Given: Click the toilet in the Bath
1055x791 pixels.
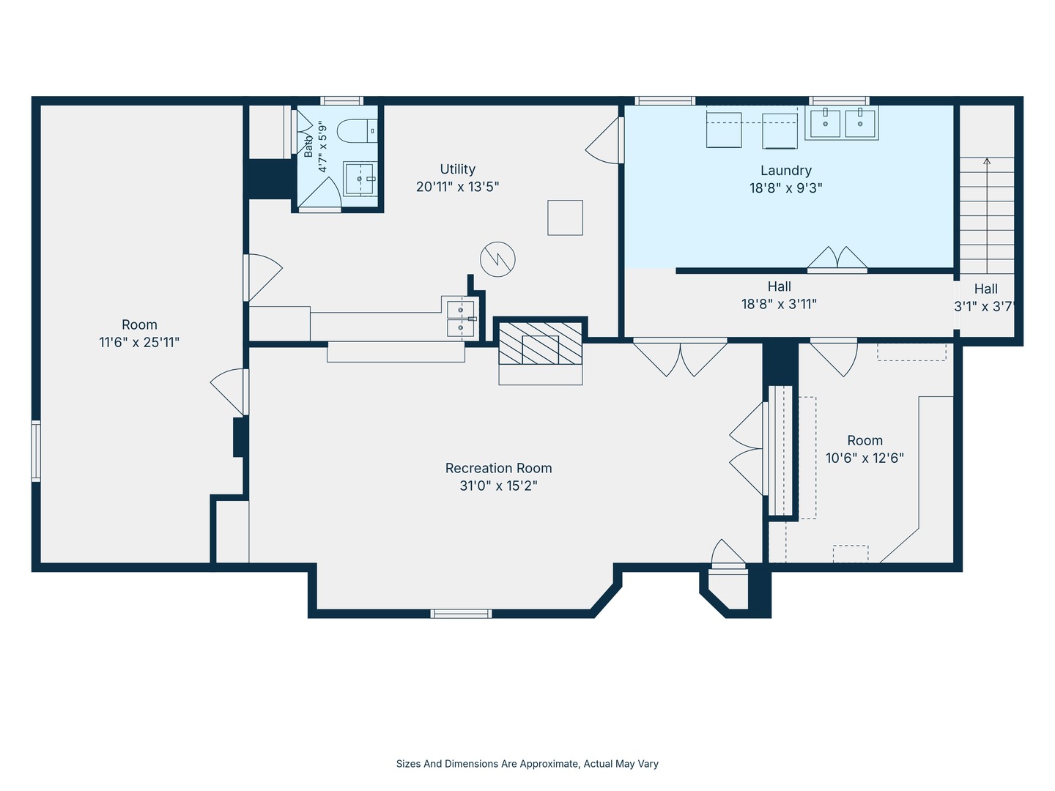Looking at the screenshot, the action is (x=357, y=130).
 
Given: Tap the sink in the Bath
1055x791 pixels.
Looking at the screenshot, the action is (x=360, y=179).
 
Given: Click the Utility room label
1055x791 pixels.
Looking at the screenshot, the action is (x=458, y=169).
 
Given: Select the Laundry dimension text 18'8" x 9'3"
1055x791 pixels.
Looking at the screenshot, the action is (x=786, y=187).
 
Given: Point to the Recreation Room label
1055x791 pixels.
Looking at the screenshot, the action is (x=498, y=468).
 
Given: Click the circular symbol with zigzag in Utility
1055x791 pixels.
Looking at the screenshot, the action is (x=497, y=259).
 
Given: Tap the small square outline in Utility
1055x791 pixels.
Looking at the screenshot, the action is (x=565, y=218).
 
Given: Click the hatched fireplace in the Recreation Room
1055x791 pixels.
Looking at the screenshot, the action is (x=540, y=343).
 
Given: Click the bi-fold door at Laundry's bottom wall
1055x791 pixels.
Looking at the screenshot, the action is (x=837, y=259).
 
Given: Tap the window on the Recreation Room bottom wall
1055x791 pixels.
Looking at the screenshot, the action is (x=461, y=614).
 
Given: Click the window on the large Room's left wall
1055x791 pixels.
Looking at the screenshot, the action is (x=36, y=450).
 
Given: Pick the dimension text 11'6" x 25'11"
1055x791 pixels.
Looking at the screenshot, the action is (x=139, y=343).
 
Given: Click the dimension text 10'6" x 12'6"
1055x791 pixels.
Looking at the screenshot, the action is (x=865, y=458).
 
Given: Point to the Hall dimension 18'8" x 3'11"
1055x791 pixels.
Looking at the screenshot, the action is (x=779, y=304).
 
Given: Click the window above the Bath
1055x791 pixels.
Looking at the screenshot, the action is (x=341, y=100).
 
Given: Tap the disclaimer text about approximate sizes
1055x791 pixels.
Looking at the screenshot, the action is (x=527, y=764).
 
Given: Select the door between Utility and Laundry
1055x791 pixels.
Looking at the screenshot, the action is (x=604, y=140).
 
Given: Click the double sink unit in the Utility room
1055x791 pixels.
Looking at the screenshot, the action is (x=460, y=319).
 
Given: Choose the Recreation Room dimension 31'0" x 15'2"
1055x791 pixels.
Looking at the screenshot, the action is (x=498, y=486).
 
